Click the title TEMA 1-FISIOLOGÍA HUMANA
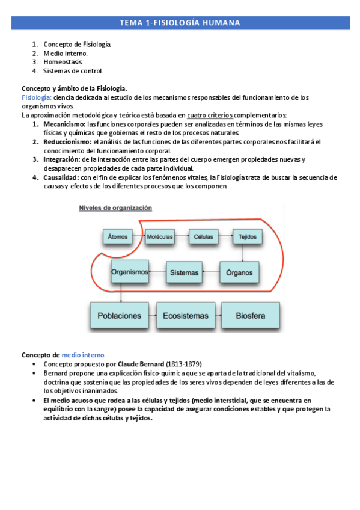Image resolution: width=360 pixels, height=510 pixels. pos(180,23)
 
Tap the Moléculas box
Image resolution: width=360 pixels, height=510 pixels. pos(160,236)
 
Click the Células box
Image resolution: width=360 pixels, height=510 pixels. pos(203,236)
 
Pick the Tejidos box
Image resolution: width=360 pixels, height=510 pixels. pos(243,236)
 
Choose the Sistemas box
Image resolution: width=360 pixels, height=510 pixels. pos(183,273)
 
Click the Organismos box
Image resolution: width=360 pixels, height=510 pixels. pos(129,272)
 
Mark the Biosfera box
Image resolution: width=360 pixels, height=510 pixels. pos(250,315)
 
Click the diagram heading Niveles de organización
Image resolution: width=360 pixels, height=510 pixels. pos(116,208)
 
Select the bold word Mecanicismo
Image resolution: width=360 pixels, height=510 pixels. pos(64,124)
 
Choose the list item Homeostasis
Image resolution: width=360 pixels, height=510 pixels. pos(63,62)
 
